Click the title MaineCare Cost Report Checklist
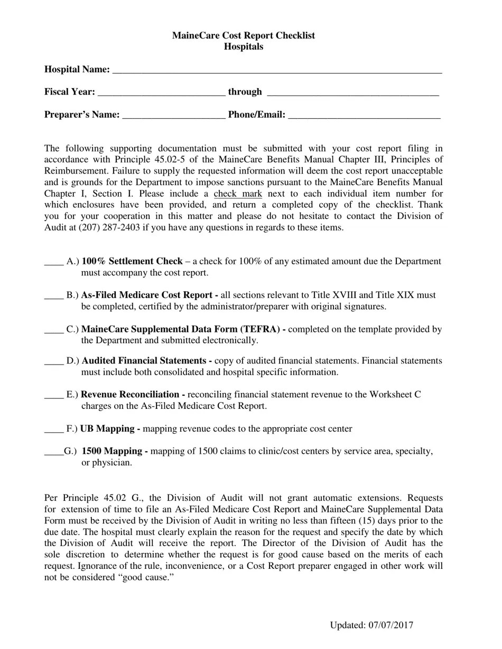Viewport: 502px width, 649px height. pyautogui.click(x=243, y=35)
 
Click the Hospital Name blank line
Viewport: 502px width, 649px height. pyautogui.click(x=277, y=70)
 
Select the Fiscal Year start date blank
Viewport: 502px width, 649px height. pyautogui.click(x=162, y=92)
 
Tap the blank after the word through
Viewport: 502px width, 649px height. pyautogui.click(x=353, y=92)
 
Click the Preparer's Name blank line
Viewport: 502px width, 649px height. pyautogui.click(x=173, y=115)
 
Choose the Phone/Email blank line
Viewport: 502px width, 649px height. pyautogui.click(x=364, y=115)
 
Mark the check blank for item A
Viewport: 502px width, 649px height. pyautogui.click(x=54, y=262)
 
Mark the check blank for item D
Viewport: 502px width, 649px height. pyautogui.click(x=54, y=361)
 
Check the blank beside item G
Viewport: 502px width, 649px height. pyautogui.click(x=54, y=452)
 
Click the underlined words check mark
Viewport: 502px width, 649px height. pyautogui.click(x=238, y=194)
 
